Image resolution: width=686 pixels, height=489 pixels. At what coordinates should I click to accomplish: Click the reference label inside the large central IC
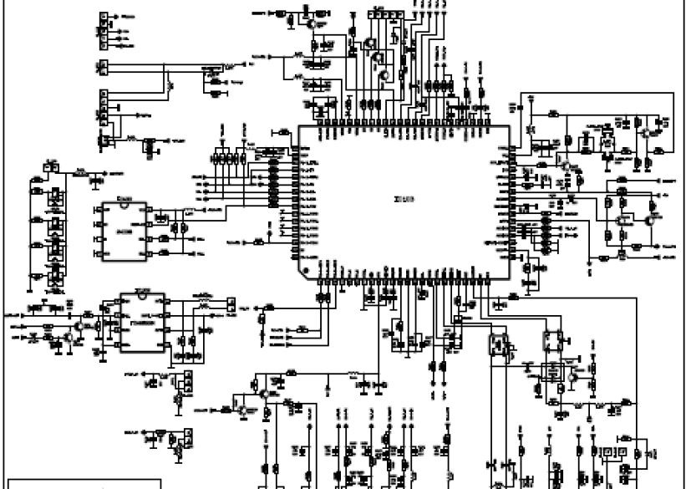click(404, 199)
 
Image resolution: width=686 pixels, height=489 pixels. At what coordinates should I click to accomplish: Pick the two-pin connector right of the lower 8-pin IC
click(231, 306)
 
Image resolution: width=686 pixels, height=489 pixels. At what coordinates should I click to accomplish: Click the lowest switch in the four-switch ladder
click(55, 273)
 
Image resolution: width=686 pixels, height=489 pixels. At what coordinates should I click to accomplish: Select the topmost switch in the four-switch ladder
click(55, 199)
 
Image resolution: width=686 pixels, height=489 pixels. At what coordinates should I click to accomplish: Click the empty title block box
click(50, 484)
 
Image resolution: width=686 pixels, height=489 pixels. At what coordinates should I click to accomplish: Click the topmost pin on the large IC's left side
click(295, 147)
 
